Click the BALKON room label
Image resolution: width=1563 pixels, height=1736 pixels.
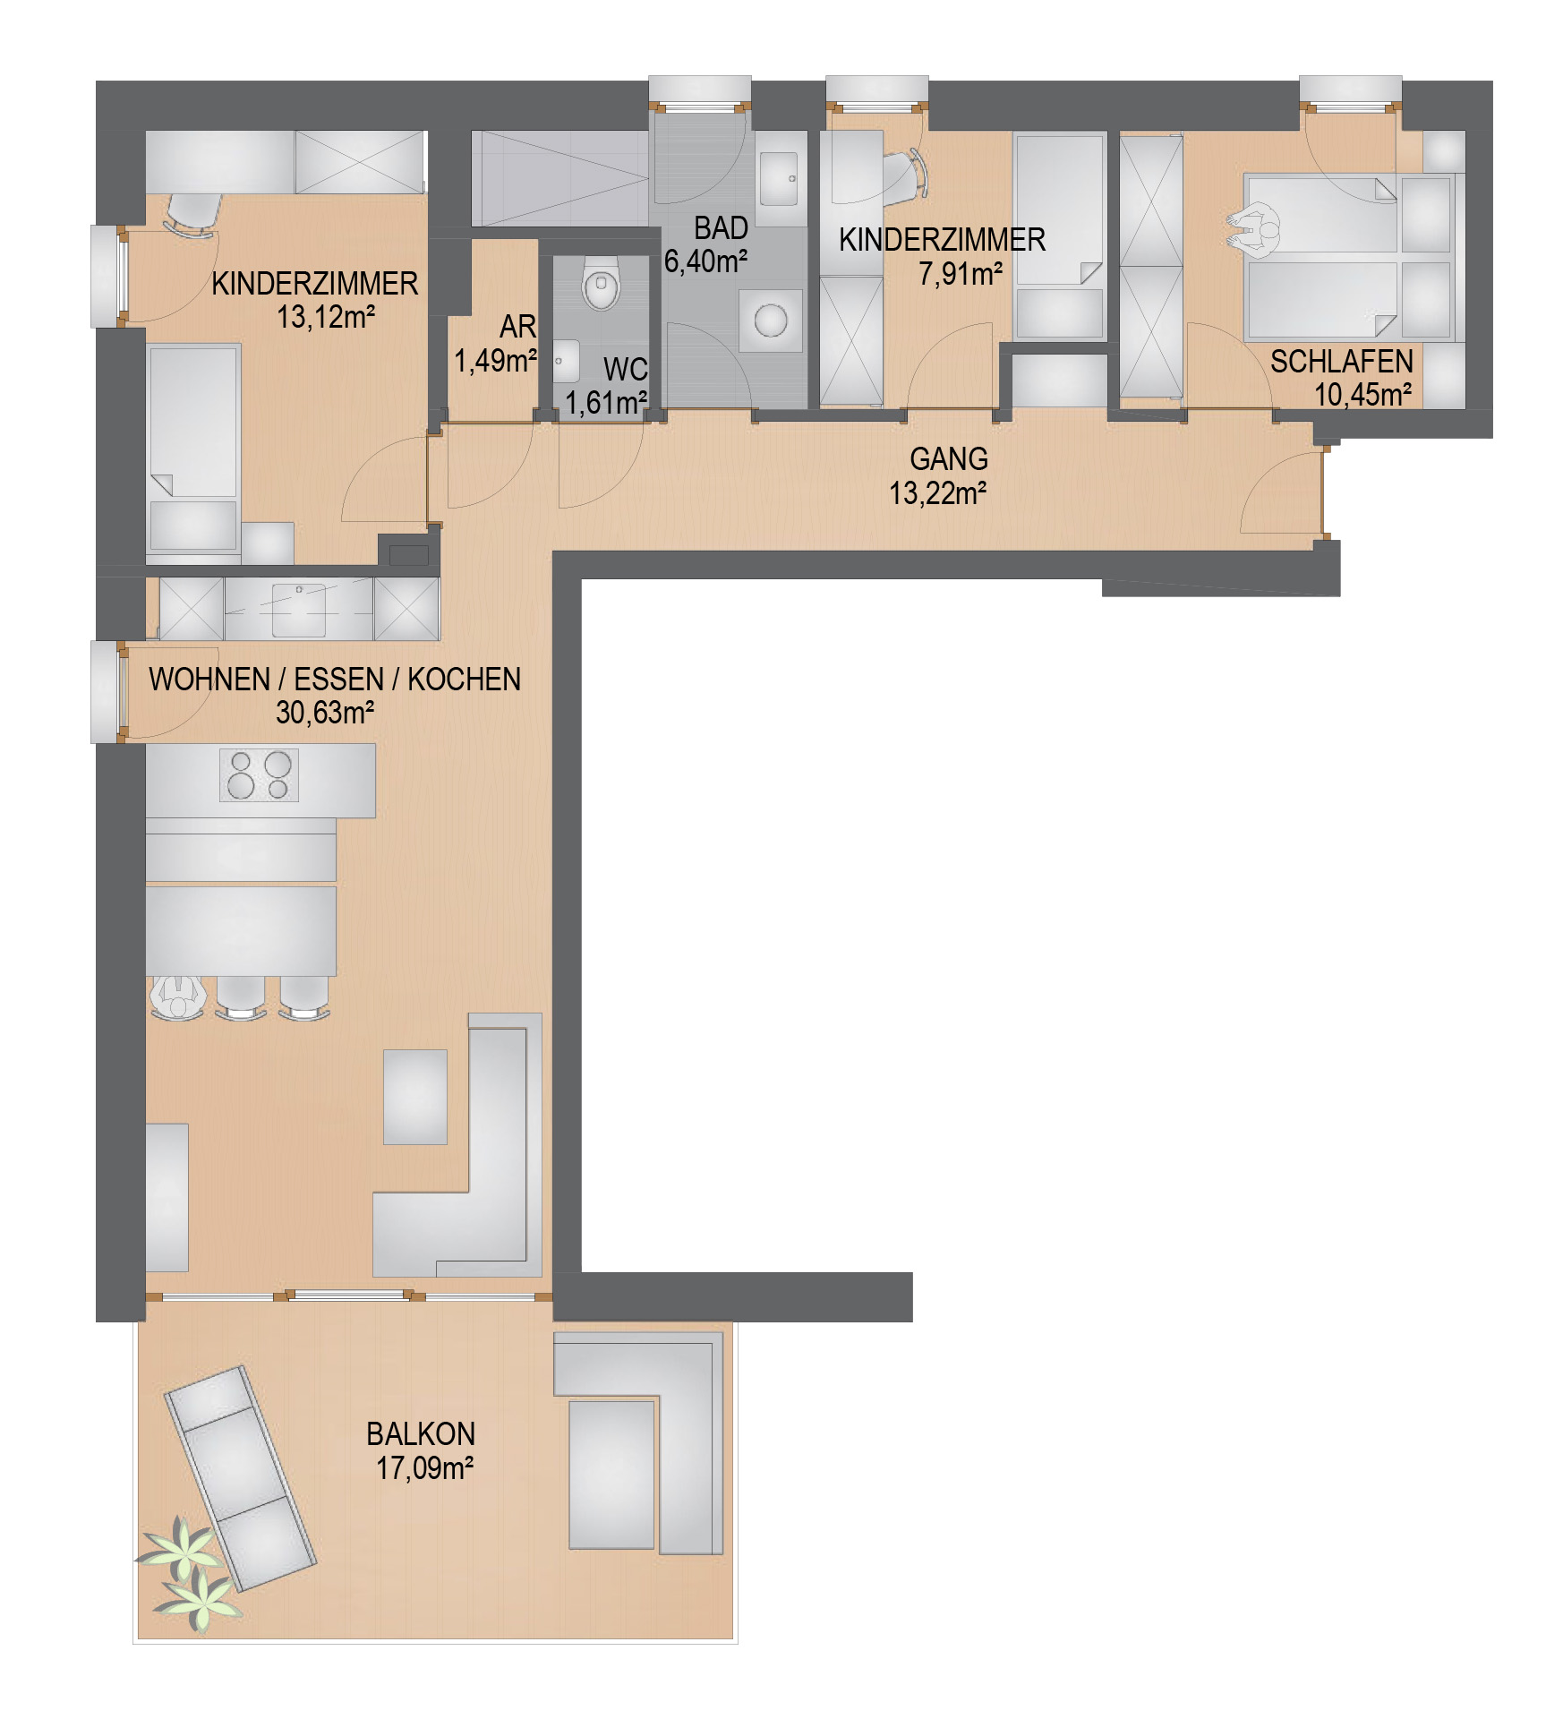pyautogui.click(x=421, y=1434)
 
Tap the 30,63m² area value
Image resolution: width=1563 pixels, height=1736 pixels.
pyautogui.click(x=325, y=713)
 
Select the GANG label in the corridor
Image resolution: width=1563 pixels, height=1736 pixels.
pyautogui.click(x=949, y=459)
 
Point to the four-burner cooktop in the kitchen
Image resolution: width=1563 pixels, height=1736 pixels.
pyautogui.click(x=260, y=775)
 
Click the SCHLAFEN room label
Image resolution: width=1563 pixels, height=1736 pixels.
pyautogui.click(x=1342, y=362)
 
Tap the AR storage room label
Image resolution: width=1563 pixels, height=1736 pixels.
pyautogui.click(x=518, y=327)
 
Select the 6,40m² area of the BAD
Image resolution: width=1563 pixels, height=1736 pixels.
pyautogui.click(x=706, y=261)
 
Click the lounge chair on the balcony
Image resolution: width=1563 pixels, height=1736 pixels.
pyautogui.click(x=240, y=1477)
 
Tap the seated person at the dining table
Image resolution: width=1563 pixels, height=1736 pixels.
pyautogui.click(x=177, y=997)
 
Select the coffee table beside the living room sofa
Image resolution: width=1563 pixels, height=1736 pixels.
pyautogui.click(x=415, y=1097)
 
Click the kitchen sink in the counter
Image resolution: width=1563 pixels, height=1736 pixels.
pyautogui.click(x=299, y=610)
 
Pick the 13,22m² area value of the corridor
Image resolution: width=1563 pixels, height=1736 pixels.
pyautogui.click(x=938, y=493)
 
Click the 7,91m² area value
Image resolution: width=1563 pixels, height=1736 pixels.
pyautogui.click(x=961, y=274)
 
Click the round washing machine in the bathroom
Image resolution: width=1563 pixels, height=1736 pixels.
pyautogui.click(x=771, y=320)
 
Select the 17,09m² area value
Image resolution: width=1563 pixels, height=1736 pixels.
pyautogui.click(x=424, y=1469)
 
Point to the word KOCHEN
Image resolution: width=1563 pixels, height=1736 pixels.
pyautogui.click(x=465, y=680)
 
